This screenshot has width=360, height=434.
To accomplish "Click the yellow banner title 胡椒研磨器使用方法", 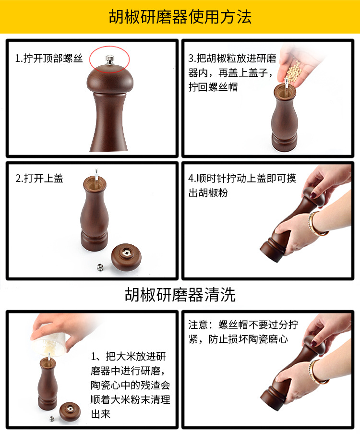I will click(180, 17).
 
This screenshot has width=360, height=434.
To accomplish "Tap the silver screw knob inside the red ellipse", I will click(109, 59).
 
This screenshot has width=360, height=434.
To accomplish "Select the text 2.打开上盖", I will click(39, 178).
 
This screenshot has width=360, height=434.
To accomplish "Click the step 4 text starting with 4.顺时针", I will click(242, 185).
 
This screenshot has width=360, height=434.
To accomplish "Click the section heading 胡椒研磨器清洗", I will click(180, 294).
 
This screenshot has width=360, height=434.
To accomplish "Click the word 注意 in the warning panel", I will click(197, 325).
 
